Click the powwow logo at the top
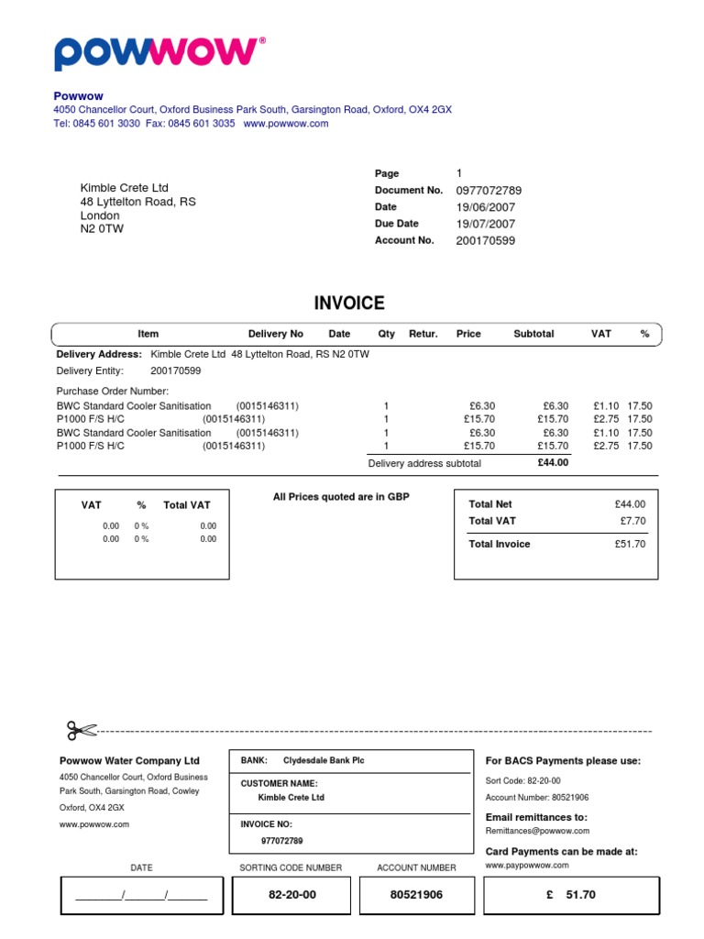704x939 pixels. (158, 53)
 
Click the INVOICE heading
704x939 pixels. (349, 304)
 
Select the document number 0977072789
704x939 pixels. (489, 191)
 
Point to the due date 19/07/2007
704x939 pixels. (485, 224)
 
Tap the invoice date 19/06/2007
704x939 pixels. (485, 207)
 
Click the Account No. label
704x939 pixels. (404, 240)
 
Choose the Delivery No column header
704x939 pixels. (275, 334)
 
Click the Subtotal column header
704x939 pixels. (533, 334)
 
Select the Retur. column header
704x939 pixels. (423, 334)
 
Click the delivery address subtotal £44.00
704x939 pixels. (553, 463)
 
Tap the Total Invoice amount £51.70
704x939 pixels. (630, 544)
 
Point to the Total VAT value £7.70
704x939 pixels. (632, 521)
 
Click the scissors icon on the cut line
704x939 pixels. (81, 730)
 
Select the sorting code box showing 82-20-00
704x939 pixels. (291, 894)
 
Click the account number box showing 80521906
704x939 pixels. (416, 894)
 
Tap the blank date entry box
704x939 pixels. (141, 895)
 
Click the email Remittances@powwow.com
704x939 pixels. (536, 831)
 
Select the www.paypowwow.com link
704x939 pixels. (526, 865)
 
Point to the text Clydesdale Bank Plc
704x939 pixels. (324, 760)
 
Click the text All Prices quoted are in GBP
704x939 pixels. (341, 497)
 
